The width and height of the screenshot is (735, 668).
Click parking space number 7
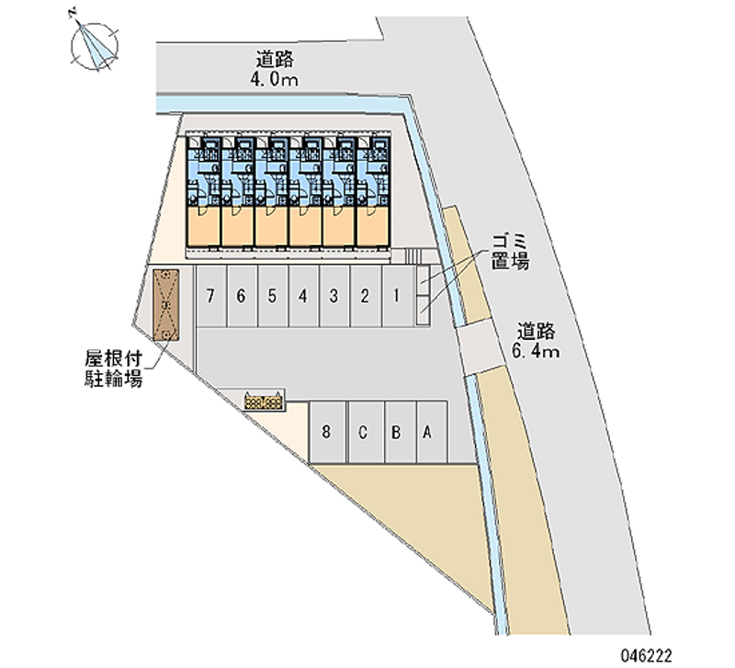click(211, 296)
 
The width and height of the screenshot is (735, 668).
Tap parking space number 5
click(273, 296)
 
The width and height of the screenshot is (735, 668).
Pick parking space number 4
click(303, 296)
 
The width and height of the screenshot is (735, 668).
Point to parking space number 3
click(334, 296)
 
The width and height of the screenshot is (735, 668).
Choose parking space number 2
click(366, 296)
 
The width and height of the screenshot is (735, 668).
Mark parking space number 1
click(396, 296)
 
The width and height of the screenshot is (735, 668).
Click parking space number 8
click(327, 431)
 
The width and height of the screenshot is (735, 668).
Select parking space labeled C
click(364, 431)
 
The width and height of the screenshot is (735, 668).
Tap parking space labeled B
click(395, 431)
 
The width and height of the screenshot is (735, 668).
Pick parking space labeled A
click(426, 431)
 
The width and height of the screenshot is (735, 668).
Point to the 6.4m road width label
click(537, 350)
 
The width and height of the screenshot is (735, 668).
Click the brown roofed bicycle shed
click(167, 305)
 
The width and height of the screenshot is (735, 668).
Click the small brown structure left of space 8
click(265, 399)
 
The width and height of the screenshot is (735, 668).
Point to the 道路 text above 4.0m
click(275, 60)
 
